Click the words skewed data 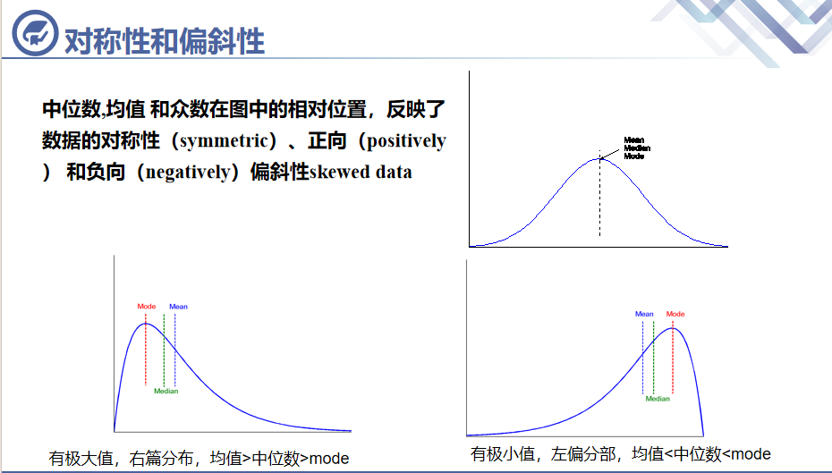coord(361,172)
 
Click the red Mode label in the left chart coord(147,307)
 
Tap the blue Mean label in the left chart coord(178,307)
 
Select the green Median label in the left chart coord(166,391)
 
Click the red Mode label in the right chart coord(675,314)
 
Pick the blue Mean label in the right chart coord(644,314)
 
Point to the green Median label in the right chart coord(658,399)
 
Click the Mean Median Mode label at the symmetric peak coord(633,148)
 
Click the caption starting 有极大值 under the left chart coord(199,459)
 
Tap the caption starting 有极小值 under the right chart coord(620,453)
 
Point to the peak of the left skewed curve coord(146,323)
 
